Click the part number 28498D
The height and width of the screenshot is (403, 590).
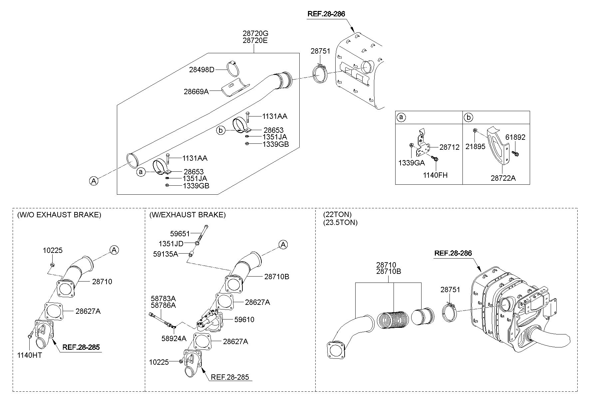click(202, 70)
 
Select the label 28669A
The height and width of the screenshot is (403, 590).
click(196, 91)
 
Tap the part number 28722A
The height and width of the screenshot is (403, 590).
click(503, 178)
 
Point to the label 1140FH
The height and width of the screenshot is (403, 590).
click(436, 175)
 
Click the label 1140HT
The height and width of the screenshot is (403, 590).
click(30, 355)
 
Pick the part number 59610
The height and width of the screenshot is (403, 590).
click(244, 319)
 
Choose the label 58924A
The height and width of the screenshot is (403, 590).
click(174, 338)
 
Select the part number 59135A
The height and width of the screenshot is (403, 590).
click(165, 254)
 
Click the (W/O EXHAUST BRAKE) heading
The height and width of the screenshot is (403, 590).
click(59, 215)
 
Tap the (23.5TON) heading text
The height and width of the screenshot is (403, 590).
click(340, 222)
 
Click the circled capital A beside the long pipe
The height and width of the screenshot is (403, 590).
click(94, 181)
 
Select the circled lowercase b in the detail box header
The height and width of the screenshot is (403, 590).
click(468, 117)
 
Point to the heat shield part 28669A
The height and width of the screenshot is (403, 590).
click(235, 88)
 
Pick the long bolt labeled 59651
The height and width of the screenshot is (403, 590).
click(203, 233)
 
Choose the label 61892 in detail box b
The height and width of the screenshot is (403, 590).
click(515, 137)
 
